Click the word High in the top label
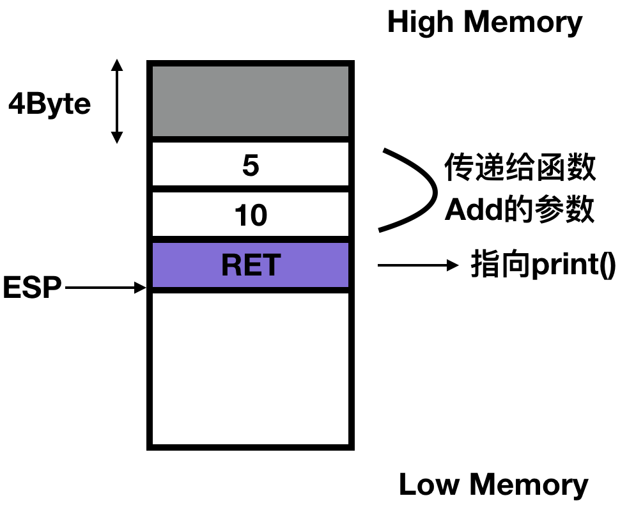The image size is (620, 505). (x=421, y=23)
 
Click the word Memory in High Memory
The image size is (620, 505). (x=523, y=23)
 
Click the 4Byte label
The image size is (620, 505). (x=49, y=103)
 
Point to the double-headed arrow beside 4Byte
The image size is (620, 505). (x=116, y=101)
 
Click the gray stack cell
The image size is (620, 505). (x=251, y=100)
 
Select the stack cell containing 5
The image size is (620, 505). (x=251, y=165)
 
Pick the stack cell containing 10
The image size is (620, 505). (x=251, y=215)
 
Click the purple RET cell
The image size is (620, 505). (x=251, y=265)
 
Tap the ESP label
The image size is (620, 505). (x=32, y=288)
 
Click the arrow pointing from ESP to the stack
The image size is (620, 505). (x=106, y=288)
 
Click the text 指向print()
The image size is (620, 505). (x=543, y=264)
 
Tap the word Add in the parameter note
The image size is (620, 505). (x=469, y=210)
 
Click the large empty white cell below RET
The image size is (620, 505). (x=251, y=368)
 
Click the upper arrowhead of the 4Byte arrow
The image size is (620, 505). (x=116, y=65)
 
